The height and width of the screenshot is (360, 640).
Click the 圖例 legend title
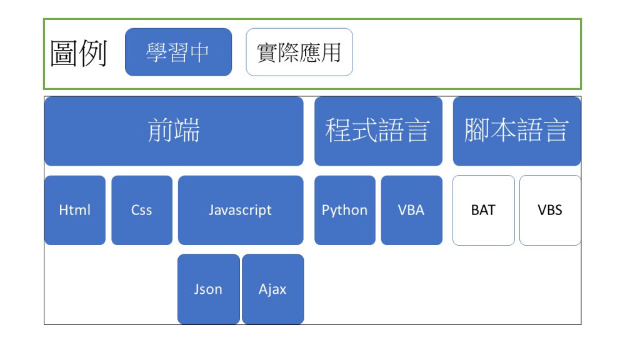pyautogui.click(x=78, y=53)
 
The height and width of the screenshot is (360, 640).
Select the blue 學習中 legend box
pyautogui.click(x=178, y=52)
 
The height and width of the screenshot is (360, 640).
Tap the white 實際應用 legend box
pyautogui.click(x=299, y=52)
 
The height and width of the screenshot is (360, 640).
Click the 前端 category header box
pyautogui.click(x=174, y=131)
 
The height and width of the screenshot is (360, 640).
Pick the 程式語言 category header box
pyautogui.click(x=378, y=131)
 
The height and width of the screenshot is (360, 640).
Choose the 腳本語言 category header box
pyautogui.click(x=517, y=131)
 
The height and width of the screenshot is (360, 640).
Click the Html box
pyautogui.click(x=75, y=210)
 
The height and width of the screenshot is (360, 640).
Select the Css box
pyautogui.click(x=142, y=210)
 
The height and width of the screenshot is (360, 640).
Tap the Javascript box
pyautogui.click(x=241, y=210)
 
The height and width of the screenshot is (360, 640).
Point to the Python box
pyautogui.click(x=345, y=210)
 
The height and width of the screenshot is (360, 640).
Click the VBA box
pyautogui.click(x=411, y=210)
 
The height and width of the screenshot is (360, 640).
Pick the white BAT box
pyautogui.click(x=484, y=210)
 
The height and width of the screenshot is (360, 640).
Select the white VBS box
pyautogui.click(x=550, y=210)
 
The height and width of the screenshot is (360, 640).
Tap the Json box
pyautogui.click(x=209, y=289)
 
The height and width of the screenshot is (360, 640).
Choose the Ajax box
pyautogui.click(x=272, y=289)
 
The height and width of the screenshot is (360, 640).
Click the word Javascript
pyautogui.click(x=240, y=210)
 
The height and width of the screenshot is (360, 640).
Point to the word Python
pyautogui.click(x=344, y=210)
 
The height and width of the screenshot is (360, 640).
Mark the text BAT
pyautogui.click(x=483, y=210)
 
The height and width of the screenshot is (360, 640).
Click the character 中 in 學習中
pyautogui.click(x=199, y=52)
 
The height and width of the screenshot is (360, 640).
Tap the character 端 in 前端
pyautogui.click(x=187, y=130)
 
